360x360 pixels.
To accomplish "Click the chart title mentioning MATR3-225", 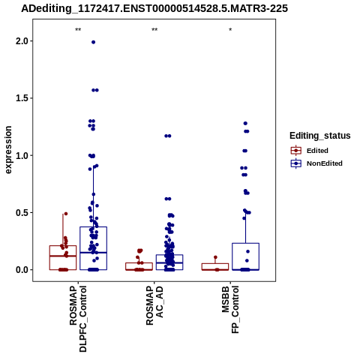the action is [154, 8].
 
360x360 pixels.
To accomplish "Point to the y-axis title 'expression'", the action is [8, 150].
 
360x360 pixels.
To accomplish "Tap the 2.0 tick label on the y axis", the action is [22, 41].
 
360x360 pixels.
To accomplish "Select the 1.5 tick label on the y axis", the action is [22, 98].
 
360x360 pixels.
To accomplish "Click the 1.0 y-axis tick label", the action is [22, 155].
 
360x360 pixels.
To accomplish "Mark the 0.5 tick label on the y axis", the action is [22, 213].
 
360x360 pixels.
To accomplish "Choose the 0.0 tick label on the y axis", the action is [22, 270].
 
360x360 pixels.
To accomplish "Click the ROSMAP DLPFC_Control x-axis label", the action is [78, 319].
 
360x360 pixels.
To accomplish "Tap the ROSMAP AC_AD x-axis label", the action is [154, 306].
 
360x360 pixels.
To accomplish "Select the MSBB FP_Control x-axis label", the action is [230, 310].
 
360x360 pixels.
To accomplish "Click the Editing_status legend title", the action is [320, 136].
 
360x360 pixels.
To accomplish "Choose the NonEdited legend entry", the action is [316, 163].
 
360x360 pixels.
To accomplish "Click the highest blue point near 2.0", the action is [93, 42].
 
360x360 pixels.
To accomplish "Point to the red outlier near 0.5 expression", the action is [66, 214].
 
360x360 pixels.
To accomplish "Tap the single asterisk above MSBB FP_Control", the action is [230, 30].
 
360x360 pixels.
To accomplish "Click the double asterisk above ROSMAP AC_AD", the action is [154, 30].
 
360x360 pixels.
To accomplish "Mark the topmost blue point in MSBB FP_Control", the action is [245, 124].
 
